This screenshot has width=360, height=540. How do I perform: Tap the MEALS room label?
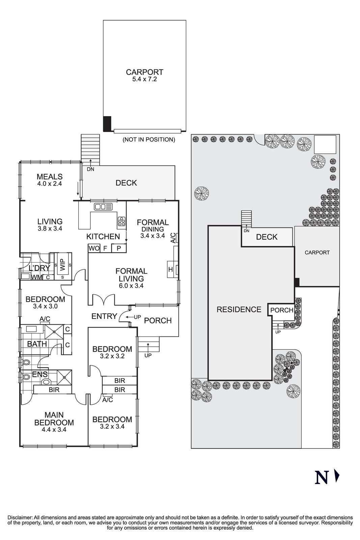pyautogui.click(x=50, y=177)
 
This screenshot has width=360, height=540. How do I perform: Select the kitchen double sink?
pyautogui.click(x=103, y=207)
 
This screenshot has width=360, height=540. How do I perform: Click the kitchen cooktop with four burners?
pyautogui.click(x=121, y=221)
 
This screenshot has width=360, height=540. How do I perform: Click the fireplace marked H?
pyautogui.click(x=171, y=269)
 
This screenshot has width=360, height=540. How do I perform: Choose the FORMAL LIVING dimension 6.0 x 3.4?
pyautogui.click(x=131, y=286)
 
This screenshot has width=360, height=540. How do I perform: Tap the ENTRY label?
pyautogui.click(x=104, y=316)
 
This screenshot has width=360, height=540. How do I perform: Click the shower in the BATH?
pyautogui.click(x=54, y=331)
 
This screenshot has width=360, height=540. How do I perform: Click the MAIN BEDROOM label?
pyautogui.click(x=54, y=419)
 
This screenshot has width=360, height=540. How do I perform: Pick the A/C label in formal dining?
pyautogui.click(x=173, y=238)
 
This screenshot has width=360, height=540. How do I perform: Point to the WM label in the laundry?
pyautogui.click(x=37, y=277)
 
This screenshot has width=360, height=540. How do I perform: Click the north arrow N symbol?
pyautogui.click(x=321, y=478)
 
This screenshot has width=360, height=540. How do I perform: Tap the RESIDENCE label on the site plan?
pyautogui.click(x=239, y=309)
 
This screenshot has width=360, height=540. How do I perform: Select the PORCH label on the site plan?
pyautogui.click(x=282, y=310)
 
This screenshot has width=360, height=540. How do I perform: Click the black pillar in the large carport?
pyautogui.click(x=107, y=124)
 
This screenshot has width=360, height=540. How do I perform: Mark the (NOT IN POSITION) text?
pyautogui.click(x=149, y=139)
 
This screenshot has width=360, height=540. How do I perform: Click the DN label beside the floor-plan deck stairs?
pyautogui.click(x=90, y=169)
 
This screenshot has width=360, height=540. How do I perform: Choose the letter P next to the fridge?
pyautogui.click(x=119, y=248)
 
